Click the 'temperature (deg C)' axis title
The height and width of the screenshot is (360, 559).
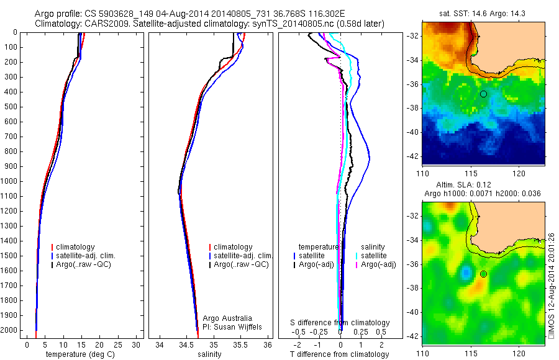pyautogui.click(x=81, y=354)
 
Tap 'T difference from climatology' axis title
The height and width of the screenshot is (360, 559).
pyautogui.click(x=339, y=354)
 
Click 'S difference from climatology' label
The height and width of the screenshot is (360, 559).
pyautogui.click(x=340, y=323)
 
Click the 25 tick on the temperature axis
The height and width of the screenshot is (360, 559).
pyautogui.click(x=118, y=344)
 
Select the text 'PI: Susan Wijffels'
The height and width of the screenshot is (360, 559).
pyautogui.click(x=233, y=326)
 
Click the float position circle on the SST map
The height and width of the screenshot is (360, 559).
pyautogui.click(x=483, y=94)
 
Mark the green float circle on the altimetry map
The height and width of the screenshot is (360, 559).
pyautogui.click(x=483, y=274)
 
